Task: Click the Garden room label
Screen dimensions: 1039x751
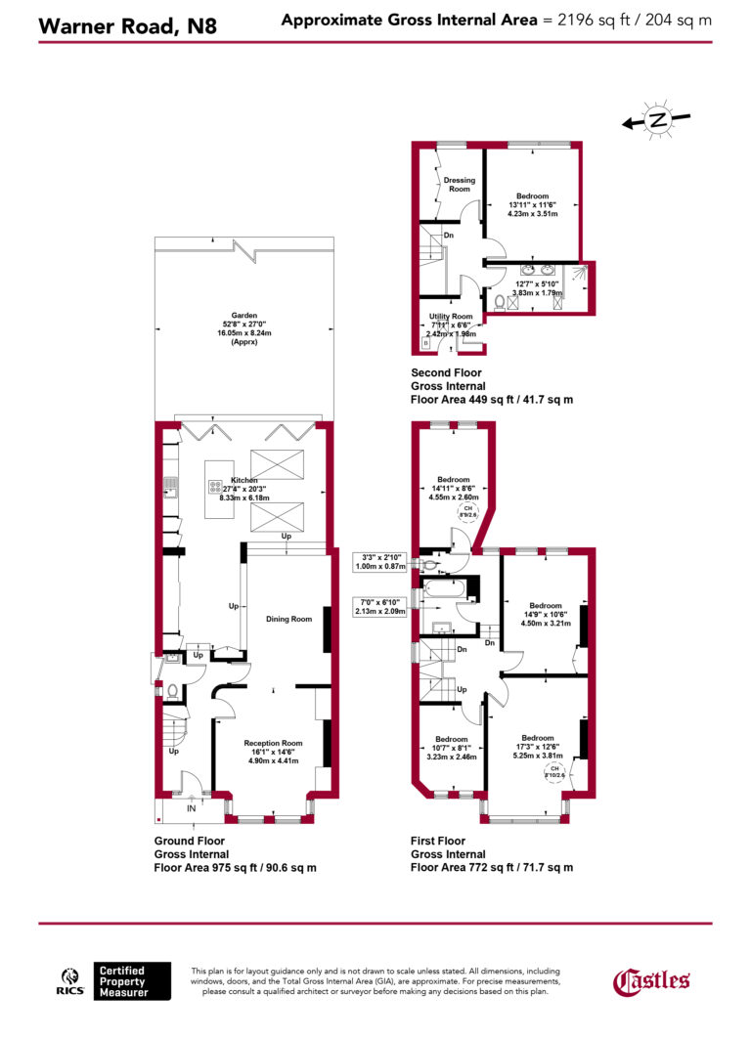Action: coord(243,316)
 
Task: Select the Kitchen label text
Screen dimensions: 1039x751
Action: coord(243,480)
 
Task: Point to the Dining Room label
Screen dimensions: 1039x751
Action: coord(288,619)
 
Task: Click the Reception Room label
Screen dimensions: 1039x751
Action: coord(273,743)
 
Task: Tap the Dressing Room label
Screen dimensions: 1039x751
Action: coord(459,184)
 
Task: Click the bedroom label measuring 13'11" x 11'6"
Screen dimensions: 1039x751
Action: coord(533,195)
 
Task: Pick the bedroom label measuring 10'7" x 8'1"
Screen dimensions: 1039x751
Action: coord(451,739)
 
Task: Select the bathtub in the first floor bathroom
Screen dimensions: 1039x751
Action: coord(444,590)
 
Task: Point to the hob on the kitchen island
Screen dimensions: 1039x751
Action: coord(215,484)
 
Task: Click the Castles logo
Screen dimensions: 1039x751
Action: coord(651,980)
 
